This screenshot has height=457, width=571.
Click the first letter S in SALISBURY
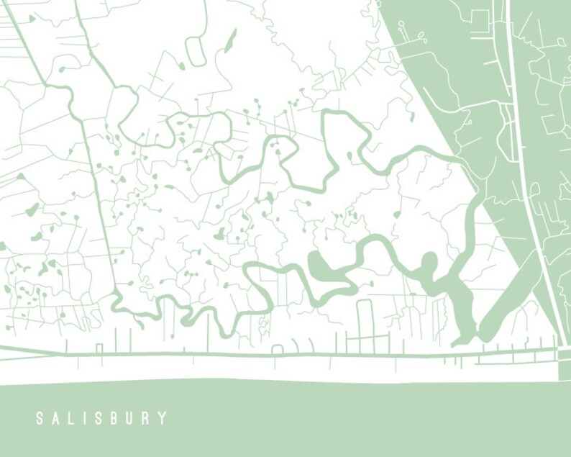tap(40, 418)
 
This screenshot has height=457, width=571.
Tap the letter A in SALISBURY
tap(56, 418)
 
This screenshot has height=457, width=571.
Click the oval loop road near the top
tap(196, 51)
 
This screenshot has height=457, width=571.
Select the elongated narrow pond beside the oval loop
tap(231, 40)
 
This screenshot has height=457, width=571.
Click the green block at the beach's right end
tap(565, 364)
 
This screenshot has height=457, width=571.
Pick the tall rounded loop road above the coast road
tap(365, 320)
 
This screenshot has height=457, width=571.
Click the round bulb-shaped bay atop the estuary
tap(429, 262)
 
